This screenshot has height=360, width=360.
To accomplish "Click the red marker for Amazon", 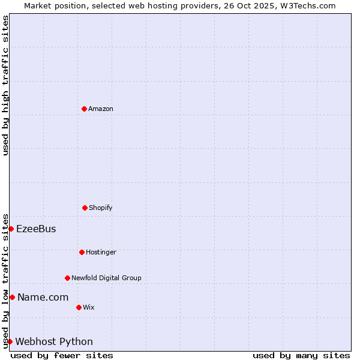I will pos(84,109).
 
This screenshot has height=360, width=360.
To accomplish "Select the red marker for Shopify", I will pos(85,208).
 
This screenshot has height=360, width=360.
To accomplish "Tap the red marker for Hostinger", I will pos(82,252).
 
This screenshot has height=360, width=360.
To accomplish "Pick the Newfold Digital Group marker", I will pos(67,278).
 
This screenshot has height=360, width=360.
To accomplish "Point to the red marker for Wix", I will pos(79,307).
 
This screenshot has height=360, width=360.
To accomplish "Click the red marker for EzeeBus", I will pos(11,229).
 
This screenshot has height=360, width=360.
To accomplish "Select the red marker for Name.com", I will pos(12,297).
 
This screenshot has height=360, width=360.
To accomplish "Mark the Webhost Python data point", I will pos(10,341).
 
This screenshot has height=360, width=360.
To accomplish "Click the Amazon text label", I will pos(101,109).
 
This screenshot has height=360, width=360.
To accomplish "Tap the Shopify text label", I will pos(101,208).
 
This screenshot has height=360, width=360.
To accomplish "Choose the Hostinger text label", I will pos(101,252).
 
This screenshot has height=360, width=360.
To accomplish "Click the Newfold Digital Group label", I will pos(106,278).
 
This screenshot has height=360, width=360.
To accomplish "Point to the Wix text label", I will pos(89,307).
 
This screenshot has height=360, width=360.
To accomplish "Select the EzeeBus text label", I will pos(36,229).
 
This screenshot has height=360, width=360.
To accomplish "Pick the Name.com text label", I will pos(43,297).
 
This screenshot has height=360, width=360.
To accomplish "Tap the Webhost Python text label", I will pos(54,341).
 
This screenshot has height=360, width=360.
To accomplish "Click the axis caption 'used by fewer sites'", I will pos(62,355).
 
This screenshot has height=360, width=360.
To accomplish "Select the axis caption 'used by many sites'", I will pos(301,355).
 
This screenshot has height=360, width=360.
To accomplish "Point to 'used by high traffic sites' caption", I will pos(5,85).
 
